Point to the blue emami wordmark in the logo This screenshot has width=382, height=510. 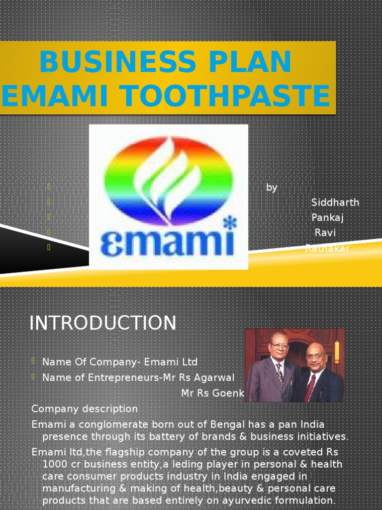pyautogui.click(x=167, y=244)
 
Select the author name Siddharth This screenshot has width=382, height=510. pyautogui.click(x=335, y=202)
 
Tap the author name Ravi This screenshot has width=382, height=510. pyautogui.click(x=325, y=233)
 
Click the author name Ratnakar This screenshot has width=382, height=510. pyautogui.click(x=327, y=248)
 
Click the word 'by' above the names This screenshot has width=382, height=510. pyautogui.click(x=272, y=188)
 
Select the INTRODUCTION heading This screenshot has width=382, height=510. pyautogui.click(x=102, y=323)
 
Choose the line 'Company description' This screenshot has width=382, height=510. pyautogui.click(x=85, y=409)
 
